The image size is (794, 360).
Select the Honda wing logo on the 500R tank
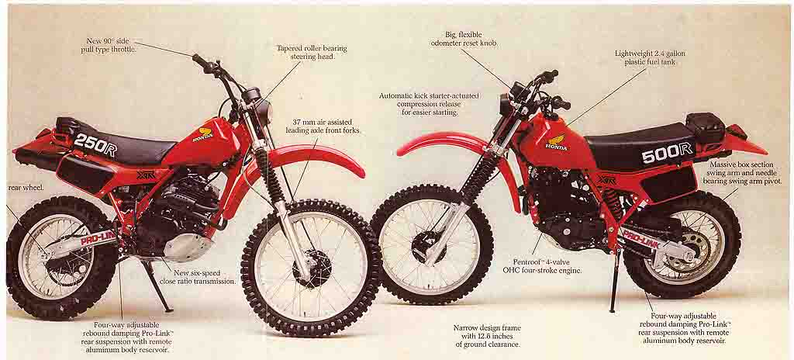point(558,142)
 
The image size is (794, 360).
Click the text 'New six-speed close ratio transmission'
point(198,276)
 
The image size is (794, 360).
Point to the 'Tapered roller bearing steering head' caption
point(312,52)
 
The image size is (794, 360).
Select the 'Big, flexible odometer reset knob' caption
point(464,39)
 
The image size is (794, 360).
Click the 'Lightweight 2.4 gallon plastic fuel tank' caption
point(650,57)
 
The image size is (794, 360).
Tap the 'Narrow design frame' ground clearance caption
point(487,336)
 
